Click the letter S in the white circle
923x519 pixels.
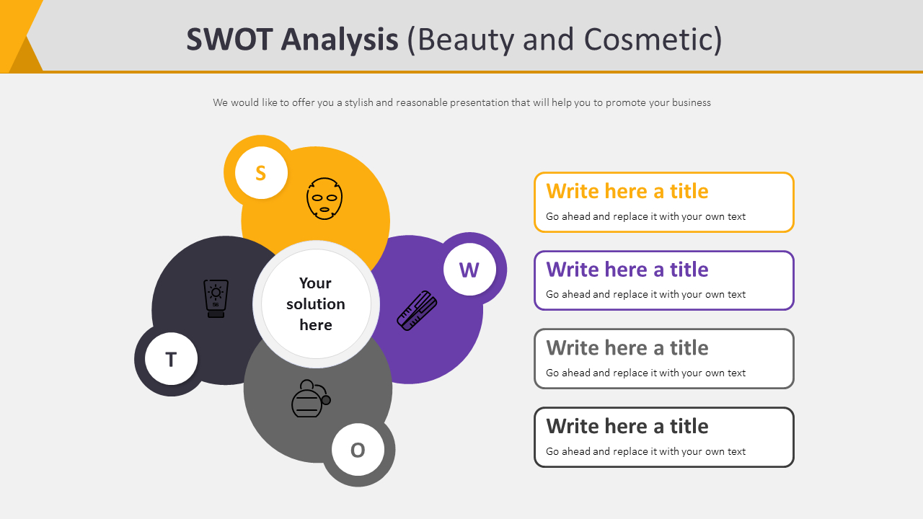[261, 173]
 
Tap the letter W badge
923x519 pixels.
[469, 270]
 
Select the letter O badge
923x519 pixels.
[358, 450]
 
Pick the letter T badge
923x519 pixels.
[171, 359]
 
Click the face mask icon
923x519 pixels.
[324, 199]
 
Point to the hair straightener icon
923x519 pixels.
[417, 311]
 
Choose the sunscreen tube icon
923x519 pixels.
[216, 298]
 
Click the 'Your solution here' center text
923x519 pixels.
[316, 303]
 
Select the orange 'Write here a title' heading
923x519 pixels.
[627, 191]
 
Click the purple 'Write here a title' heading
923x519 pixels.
[627, 270]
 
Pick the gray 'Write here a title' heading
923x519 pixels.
[627, 348]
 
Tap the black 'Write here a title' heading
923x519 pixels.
[627, 427]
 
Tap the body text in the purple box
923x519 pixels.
[645, 294]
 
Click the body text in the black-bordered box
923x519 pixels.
[645, 451]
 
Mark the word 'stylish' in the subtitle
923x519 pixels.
[358, 102]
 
